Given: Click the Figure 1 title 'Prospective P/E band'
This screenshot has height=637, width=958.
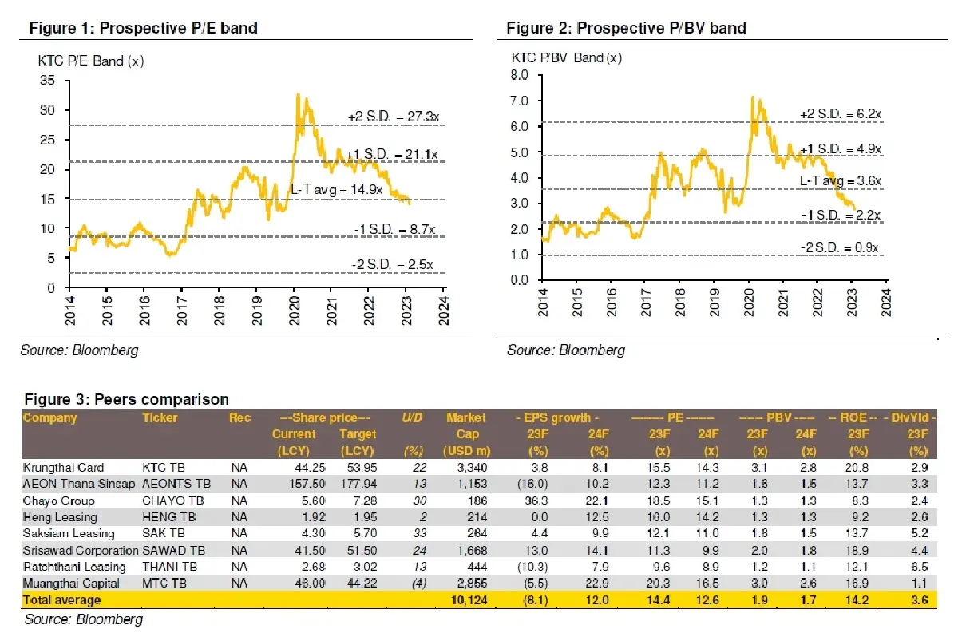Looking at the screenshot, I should pyautogui.click(x=176, y=29).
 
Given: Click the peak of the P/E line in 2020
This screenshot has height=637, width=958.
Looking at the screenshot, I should pyautogui.click(x=298, y=94).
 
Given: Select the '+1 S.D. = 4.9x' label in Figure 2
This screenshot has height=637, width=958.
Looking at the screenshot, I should pyautogui.click(x=840, y=148).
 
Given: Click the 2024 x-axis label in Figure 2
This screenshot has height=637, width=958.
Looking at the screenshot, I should pyautogui.click(x=885, y=306).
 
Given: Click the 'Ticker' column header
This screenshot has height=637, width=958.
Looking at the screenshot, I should pyautogui.click(x=160, y=417).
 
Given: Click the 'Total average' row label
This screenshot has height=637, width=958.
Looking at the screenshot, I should pyautogui.click(x=62, y=599).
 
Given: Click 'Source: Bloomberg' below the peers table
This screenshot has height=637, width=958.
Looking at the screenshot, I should pyautogui.click(x=83, y=619).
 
